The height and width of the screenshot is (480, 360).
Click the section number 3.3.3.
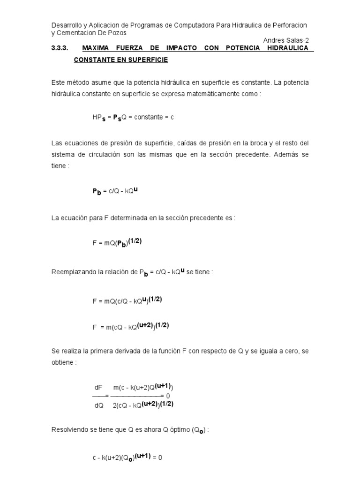[60, 48]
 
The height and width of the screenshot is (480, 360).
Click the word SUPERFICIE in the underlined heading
[144, 61]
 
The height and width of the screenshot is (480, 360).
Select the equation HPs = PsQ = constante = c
[133, 118]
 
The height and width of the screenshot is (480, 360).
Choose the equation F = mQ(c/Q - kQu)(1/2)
[127, 301]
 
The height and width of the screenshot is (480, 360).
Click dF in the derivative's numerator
[98, 388]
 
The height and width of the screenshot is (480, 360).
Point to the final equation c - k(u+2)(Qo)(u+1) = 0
[127, 457]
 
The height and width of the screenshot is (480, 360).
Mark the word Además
[287, 154]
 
